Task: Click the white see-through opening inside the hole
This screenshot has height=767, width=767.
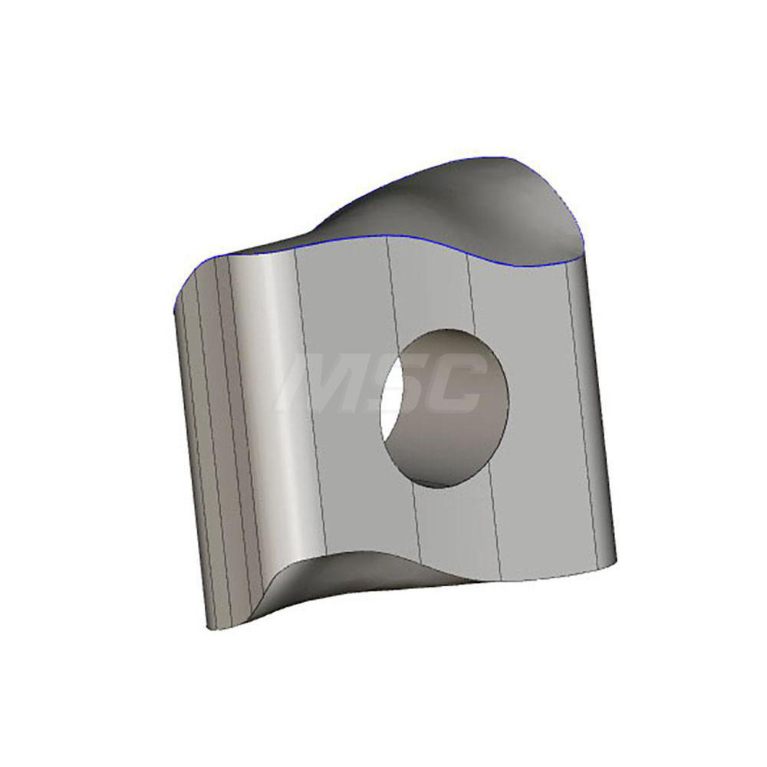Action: (x=392, y=403)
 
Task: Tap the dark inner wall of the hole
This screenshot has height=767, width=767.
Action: (x=453, y=414)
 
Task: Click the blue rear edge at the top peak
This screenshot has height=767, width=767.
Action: (x=499, y=158)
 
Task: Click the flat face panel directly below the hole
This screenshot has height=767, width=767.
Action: (x=453, y=529)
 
